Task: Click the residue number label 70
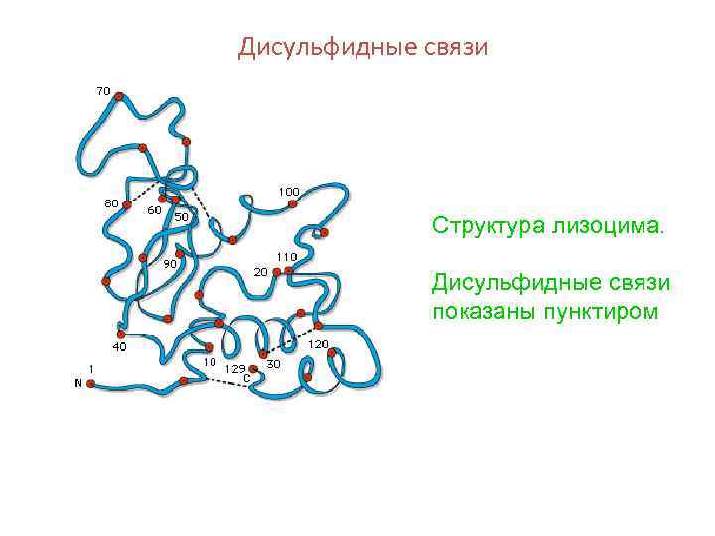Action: click(103, 91)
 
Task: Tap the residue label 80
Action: click(112, 203)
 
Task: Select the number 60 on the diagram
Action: click(155, 210)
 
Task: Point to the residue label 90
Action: click(170, 264)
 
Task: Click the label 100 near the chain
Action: click(289, 191)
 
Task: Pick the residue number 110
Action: click(286, 256)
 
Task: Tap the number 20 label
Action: click(260, 271)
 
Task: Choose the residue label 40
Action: click(119, 347)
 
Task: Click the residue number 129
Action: click(235, 368)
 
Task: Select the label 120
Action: click(318, 344)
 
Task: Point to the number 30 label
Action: click(274, 364)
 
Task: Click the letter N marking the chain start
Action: click(78, 383)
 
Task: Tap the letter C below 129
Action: click(246, 377)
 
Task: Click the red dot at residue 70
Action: click(119, 96)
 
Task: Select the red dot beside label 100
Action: click(292, 204)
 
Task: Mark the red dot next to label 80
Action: click(127, 204)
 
